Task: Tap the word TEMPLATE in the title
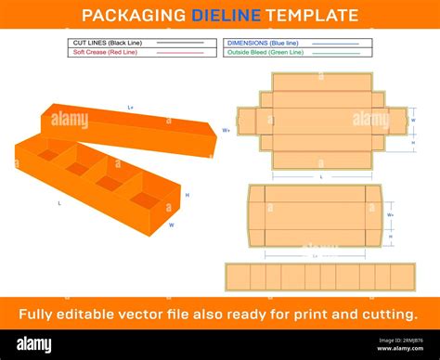click(311, 15)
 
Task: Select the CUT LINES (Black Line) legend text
click(103, 43)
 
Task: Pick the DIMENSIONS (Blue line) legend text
click(257, 43)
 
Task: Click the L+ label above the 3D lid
click(130, 108)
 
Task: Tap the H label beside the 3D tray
click(187, 195)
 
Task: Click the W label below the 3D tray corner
click(171, 225)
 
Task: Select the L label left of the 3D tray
click(59, 201)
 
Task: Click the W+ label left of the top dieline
click(226, 131)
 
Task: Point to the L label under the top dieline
click(321, 175)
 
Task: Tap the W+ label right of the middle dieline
click(390, 215)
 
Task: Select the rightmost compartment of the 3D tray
click(146, 199)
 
